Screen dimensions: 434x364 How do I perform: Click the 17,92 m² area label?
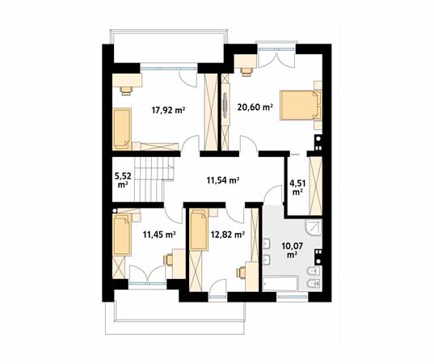point(168,110)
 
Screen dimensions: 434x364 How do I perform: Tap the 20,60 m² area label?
point(255,107)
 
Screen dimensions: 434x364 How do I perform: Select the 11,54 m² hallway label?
point(223,180)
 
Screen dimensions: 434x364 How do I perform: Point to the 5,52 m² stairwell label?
point(123,180)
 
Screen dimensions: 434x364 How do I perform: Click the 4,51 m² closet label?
point(297,188)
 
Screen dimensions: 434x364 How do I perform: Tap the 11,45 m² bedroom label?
point(159,235)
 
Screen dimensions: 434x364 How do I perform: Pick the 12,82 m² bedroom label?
point(227,235)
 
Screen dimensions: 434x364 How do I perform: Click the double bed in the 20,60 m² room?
point(301,105)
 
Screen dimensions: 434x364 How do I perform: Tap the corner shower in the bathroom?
point(314,227)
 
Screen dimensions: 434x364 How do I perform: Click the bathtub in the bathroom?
point(280,283)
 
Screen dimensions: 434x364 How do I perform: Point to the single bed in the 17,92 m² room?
point(122,129)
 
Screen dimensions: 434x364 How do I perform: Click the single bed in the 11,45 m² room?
point(122,235)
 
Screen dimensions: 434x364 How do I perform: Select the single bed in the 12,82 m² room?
point(199,231)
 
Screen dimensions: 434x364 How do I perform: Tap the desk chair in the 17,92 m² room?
point(126,91)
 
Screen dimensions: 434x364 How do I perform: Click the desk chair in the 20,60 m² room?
point(246,71)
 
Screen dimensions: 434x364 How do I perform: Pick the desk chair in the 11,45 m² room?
point(168,260)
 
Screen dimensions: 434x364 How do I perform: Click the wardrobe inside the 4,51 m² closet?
point(315,185)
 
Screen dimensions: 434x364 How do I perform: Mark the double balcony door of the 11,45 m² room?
point(147,274)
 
